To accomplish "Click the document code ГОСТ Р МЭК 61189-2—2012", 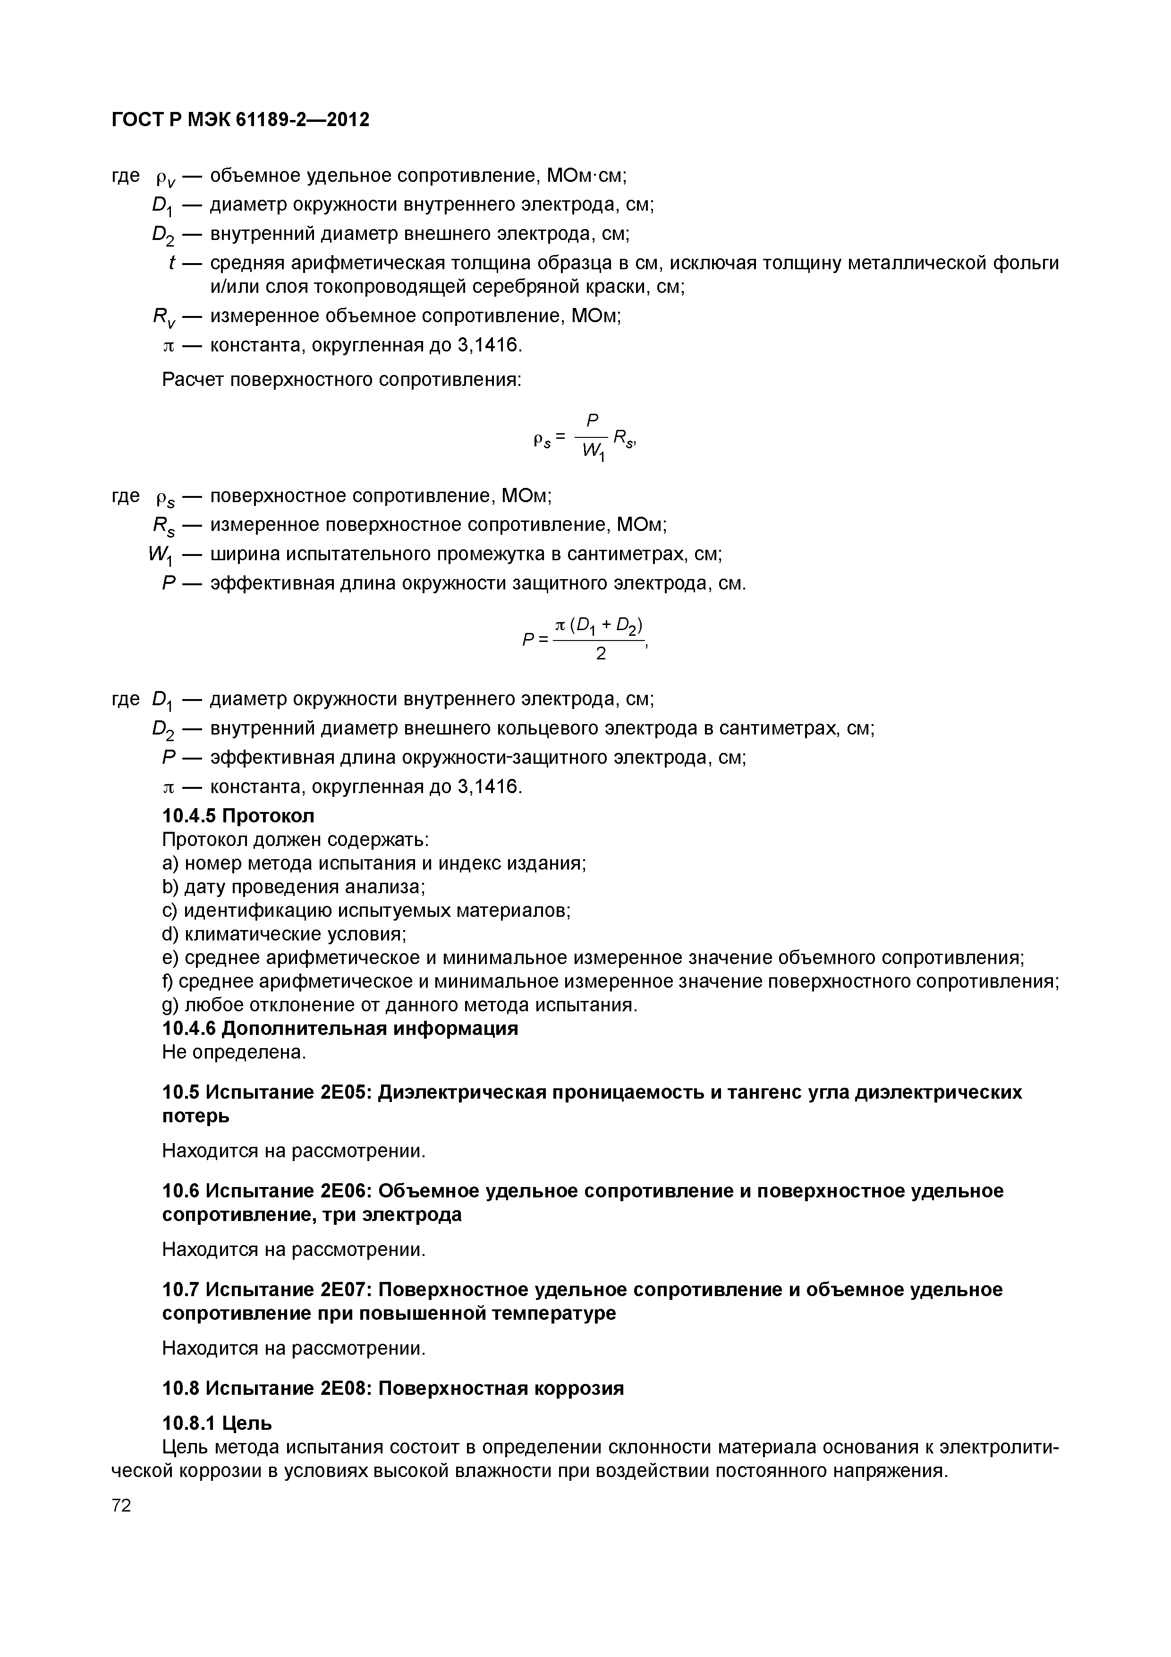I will tap(240, 119).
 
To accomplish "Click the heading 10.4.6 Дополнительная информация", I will tap(340, 1028).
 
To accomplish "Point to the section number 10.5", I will tap(181, 1092).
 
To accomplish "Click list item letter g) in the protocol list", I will tap(170, 1005).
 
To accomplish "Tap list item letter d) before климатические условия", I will tap(170, 935).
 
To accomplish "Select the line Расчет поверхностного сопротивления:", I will tap(341, 380).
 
